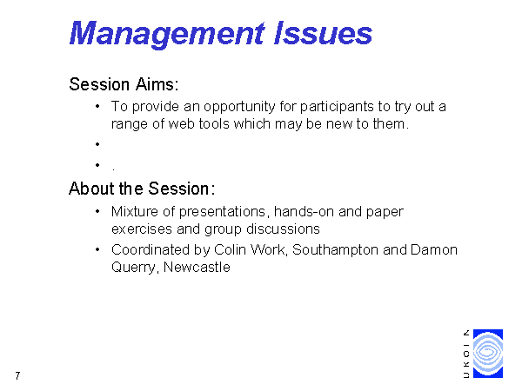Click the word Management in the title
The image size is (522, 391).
pos(167,34)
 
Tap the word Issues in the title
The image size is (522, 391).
pos(323,33)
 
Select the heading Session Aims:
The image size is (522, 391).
pos(124,84)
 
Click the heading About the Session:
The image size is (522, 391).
pos(142,189)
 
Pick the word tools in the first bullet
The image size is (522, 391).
pos(214,124)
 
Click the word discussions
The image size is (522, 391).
pos(283,229)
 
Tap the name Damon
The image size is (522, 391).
pos(434,249)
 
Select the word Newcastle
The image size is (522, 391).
pos(197,268)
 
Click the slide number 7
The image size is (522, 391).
pos(17,375)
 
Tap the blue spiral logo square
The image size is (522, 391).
pos(488,354)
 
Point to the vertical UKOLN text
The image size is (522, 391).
pos(466,354)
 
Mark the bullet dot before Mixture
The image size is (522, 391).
pos(97,211)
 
